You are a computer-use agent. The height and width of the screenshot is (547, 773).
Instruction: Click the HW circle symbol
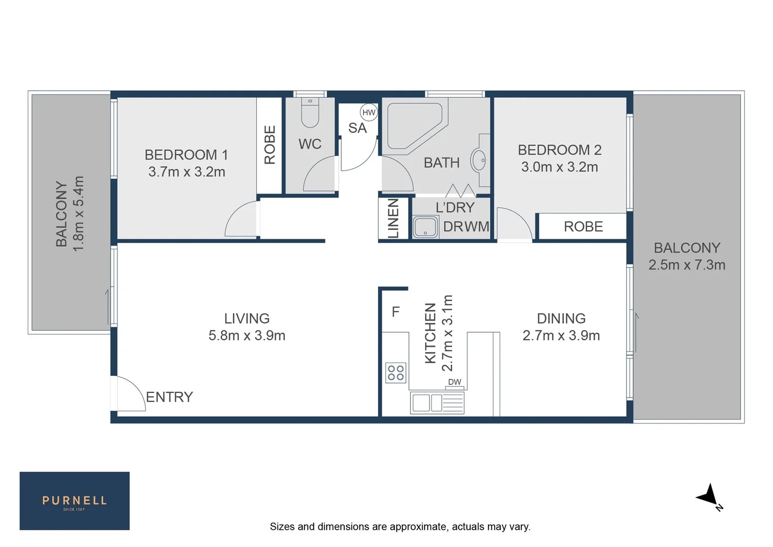click(369, 112)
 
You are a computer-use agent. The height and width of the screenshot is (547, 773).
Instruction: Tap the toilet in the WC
click(310, 114)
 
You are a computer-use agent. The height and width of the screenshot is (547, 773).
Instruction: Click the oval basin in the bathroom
click(478, 160)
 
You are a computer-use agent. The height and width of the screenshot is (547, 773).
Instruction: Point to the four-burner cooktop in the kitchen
click(395, 373)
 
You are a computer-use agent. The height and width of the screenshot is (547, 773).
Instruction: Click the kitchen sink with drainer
click(437, 403)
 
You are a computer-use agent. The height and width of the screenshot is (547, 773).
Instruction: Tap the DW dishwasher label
click(455, 382)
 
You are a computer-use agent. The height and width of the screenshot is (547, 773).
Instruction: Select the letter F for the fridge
click(396, 311)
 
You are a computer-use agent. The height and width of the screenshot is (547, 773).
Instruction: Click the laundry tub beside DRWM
click(425, 227)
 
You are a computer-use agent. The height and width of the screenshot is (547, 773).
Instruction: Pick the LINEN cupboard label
click(393, 218)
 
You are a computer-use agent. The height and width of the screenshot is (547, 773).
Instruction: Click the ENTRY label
click(170, 397)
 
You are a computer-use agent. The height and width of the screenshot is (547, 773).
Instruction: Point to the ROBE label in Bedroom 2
click(583, 226)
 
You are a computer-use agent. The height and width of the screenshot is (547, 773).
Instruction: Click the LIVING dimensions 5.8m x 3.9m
click(247, 335)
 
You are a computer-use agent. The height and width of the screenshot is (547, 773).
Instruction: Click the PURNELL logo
click(74, 501)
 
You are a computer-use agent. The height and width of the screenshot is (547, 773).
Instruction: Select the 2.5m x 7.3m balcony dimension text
click(687, 265)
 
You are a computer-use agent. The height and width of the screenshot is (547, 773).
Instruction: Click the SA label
click(357, 128)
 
